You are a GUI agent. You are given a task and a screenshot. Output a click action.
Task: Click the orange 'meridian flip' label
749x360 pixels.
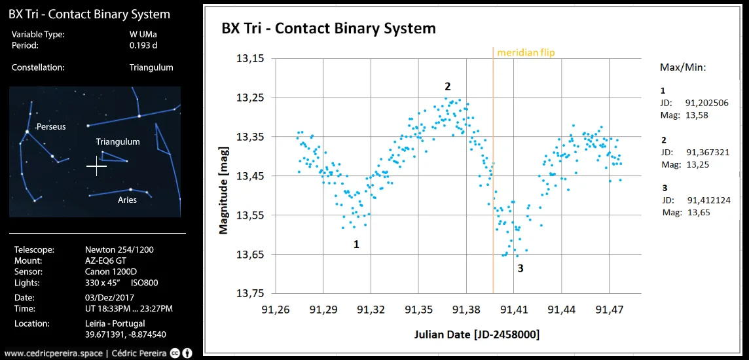coord(525,52)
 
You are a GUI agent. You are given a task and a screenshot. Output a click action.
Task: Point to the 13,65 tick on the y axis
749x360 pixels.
coord(249,255)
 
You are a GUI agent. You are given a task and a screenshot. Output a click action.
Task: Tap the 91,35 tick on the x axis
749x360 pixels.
coord(418,308)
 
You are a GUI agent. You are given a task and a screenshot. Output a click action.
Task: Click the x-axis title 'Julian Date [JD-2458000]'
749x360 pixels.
coord(477,334)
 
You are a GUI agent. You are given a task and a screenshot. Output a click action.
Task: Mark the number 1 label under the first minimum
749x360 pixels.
coord(356,244)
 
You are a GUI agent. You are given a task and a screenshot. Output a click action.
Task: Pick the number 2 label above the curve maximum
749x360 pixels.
coord(448,86)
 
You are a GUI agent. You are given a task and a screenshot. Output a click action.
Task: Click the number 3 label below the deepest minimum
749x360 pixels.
coord(520,268)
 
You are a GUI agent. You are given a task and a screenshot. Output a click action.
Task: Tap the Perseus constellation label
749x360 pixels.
coord(51,126)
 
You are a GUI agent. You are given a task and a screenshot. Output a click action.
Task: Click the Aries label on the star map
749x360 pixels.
coord(127,200)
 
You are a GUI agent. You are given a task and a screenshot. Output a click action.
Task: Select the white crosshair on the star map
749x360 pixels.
coord(97,166)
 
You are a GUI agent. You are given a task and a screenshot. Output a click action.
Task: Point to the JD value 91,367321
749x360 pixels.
coord(707,152)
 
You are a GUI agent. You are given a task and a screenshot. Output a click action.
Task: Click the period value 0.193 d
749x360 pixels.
coord(143,46)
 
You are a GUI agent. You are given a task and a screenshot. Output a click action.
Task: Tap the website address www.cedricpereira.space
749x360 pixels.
coord(53,353)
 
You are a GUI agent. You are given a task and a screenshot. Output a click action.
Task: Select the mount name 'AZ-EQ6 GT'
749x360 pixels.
coord(107,261)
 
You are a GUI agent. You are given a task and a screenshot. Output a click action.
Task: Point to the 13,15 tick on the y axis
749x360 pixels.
coord(249,59)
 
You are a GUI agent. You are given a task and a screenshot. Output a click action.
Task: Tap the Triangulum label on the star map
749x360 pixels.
coord(118,141)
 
